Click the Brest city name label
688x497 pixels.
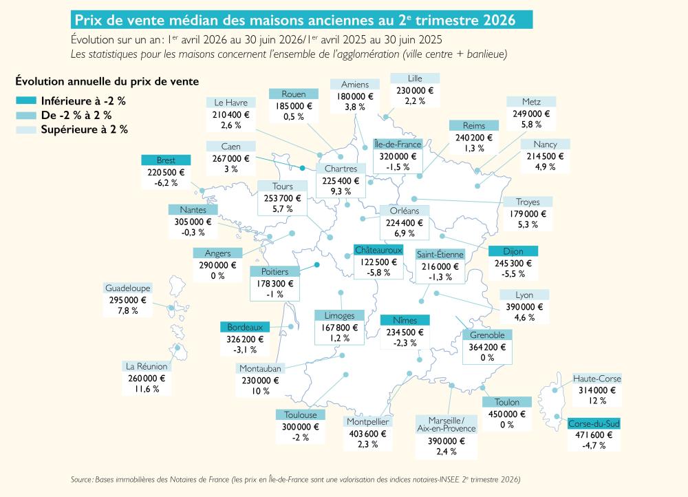click(x=166, y=160)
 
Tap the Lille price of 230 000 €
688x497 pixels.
click(x=415, y=90)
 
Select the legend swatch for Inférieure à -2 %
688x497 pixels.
click(x=26, y=101)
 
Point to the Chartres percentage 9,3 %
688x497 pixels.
click(x=341, y=191)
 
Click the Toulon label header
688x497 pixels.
click(x=507, y=402)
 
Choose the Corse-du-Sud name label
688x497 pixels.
click(x=594, y=423)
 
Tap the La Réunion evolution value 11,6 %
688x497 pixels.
click(x=147, y=389)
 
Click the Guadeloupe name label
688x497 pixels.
click(x=128, y=288)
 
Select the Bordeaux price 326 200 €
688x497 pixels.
click(x=245, y=339)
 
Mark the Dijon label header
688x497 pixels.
click(x=513, y=251)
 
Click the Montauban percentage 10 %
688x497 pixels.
click(x=260, y=391)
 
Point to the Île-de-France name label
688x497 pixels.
click(x=398, y=144)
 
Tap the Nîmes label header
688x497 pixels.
click(x=405, y=320)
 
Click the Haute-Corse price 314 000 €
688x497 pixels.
click(x=596, y=390)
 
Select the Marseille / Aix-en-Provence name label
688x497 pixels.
click(x=447, y=425)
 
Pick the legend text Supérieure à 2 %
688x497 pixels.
click(x=84, y=129)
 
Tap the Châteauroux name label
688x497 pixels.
click(x=378, y=251)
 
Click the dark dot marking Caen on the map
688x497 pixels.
click(x=302, y=168)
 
